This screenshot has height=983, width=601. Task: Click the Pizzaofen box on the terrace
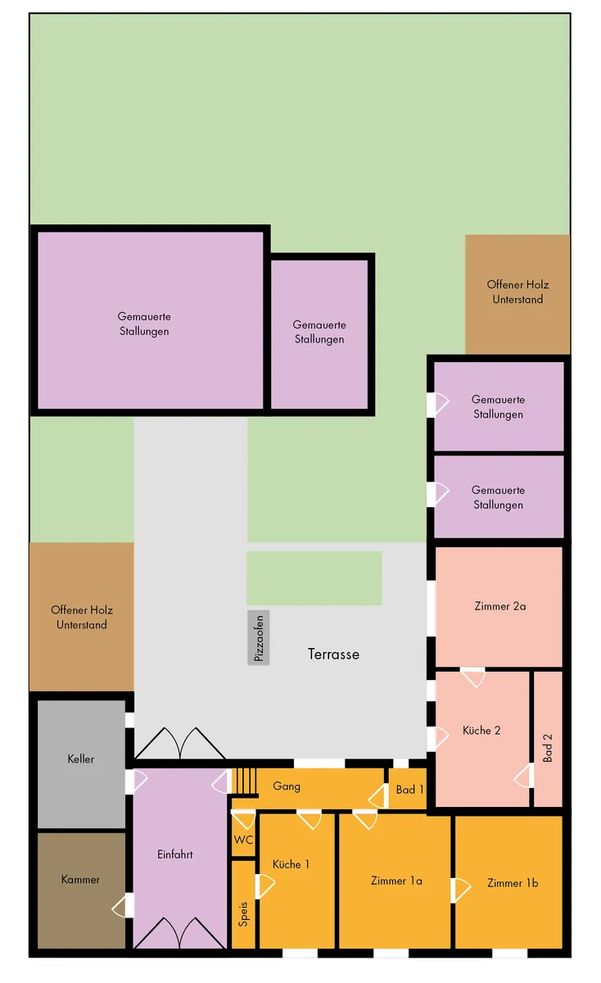pyautogui.click(x=259, y=637)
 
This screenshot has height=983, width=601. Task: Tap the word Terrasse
pyautogui.click(x=333, y=655)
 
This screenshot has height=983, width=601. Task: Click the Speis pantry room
pyautogui.click(x=243, y=906)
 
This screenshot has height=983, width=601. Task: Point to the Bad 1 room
pyautogui.click(x=408, y=790)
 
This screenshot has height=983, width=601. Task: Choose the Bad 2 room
pyautogui.click(x=548, y=739)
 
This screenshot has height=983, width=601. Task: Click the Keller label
pyautogui.click(x=81, y=759)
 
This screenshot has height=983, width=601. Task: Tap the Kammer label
pyautogui.click(x=80, y=880)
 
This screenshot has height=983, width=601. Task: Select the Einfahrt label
pyautogui.click(x=175, y=854)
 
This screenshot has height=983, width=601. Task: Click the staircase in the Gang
pyautogui.click(x=244, y=781)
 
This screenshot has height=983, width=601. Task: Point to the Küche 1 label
pyautogui.click(x=291, y=864)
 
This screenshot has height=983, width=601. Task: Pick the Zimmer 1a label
pyautogui.click(x=396, y=881)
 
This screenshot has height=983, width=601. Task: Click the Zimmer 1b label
pyautogui.click(x=513, y=883)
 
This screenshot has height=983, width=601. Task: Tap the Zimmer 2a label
pyautogui.click(x=500, y=606)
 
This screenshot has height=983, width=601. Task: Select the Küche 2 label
pyautogui.click(x=481, y=730)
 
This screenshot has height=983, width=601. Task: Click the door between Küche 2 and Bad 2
pyautogui.click(x=524, y=776)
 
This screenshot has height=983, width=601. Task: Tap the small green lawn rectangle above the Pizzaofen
pyautogui.click(x=314, y=578)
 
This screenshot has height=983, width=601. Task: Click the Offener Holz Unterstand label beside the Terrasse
pyautogui.click(x=82, y=617)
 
